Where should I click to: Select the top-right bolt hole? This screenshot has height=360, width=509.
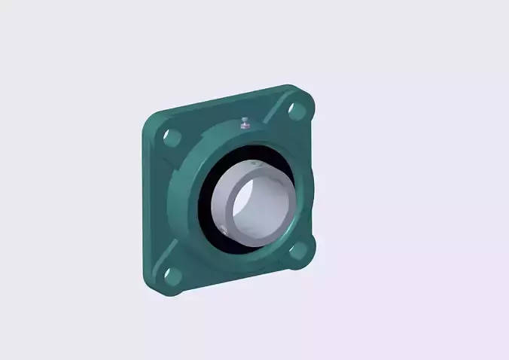click(297, 110)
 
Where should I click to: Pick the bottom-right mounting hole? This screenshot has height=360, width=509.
click(299, 250)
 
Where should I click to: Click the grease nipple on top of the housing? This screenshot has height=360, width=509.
click(245, 123)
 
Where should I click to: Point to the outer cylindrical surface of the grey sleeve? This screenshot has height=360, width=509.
click(226, 196)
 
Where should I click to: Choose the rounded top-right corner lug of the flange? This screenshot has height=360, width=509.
click(305, 96)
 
